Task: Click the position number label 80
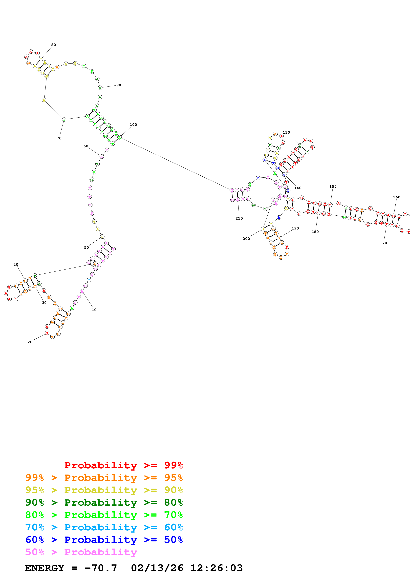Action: (54, 45)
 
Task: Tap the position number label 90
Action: (119, 85)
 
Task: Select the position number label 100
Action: (133, 124)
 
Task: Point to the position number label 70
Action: (59, 138)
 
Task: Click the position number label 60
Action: (86, 146)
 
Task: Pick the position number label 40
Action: (16, 265)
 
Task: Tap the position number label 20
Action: (30, 342)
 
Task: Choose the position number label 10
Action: (94, 310)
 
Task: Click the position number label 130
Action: (286, 132)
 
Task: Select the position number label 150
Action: (333, 186)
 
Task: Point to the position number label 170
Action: (383, 243)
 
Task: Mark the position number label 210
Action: (239, 218)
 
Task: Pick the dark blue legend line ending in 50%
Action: (104, 540)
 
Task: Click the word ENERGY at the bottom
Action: (44, 568)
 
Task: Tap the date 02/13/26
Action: (157, 568)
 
